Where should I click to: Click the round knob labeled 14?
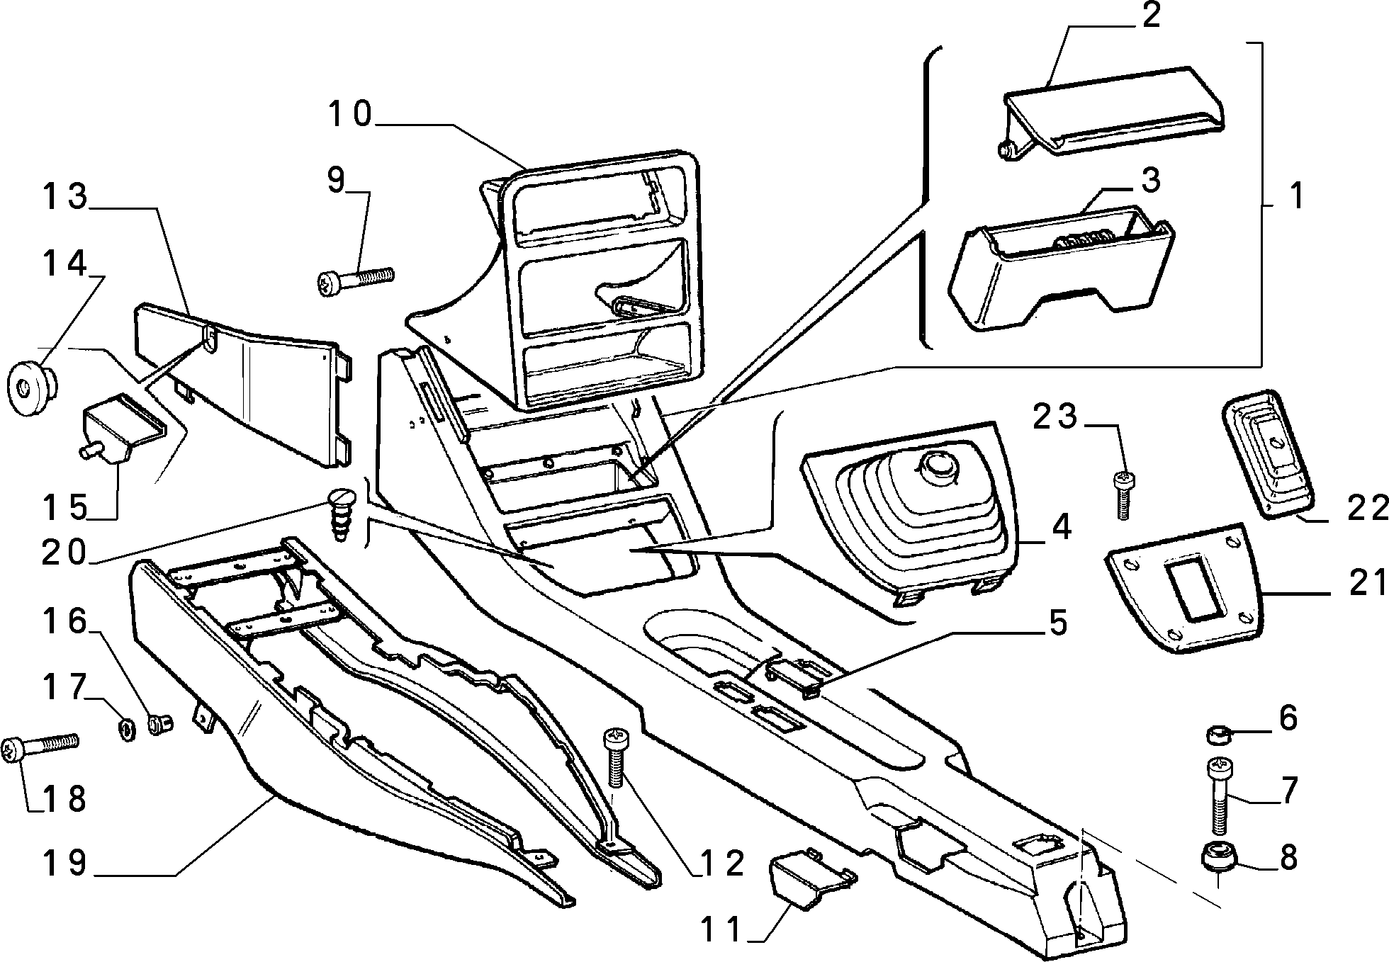pos(31,387)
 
